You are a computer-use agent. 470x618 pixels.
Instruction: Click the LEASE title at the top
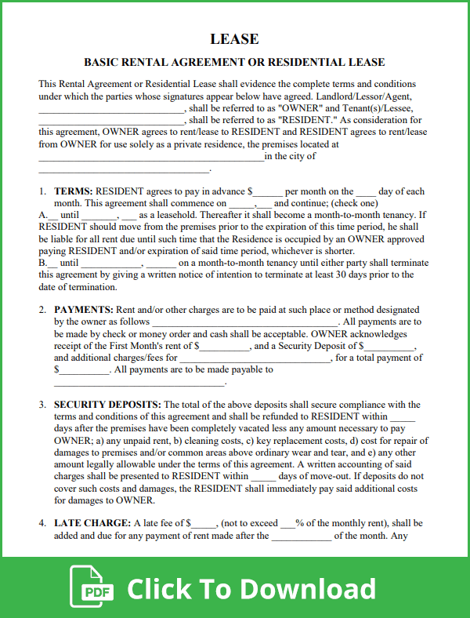234,39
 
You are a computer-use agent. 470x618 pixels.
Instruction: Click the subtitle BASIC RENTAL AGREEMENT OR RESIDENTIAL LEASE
234,62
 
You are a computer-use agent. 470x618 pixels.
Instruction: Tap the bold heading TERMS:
74,191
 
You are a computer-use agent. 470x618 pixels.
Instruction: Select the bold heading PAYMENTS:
84,311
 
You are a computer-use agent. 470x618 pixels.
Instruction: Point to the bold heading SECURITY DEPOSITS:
107,405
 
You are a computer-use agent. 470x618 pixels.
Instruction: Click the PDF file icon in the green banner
92,587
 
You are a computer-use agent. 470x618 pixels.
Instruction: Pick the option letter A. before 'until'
43,215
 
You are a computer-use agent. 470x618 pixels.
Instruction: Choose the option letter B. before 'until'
43,263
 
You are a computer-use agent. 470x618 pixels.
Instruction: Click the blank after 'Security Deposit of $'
389,346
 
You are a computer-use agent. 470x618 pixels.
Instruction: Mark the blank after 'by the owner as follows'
244,322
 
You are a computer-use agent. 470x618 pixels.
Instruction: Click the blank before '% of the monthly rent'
287,524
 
